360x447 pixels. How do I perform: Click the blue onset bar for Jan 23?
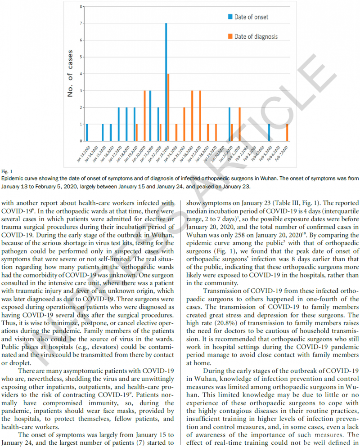click(166, 82)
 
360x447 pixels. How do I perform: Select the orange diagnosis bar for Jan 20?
click(144, 116)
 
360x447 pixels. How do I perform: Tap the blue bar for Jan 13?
click(87, 133)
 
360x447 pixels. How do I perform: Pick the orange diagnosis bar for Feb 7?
click(287, 133)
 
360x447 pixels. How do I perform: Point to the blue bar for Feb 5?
click(269, 133)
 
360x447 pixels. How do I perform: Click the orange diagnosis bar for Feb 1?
click(239, 124)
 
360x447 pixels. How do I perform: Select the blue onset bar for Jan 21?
click(150, 116)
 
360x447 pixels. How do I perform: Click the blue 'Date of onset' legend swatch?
click(229, 17)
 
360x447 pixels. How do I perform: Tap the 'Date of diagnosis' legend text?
click(256, 36)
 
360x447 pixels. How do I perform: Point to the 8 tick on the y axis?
click(81, 7)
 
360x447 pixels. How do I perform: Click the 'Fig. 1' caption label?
click(5, 171)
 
